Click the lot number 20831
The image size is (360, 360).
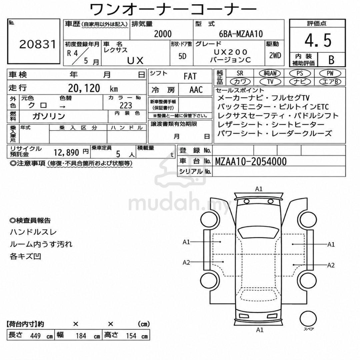point(38,44)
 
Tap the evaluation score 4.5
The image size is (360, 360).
point(318,40)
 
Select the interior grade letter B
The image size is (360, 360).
point(331,60)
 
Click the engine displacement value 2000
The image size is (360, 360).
point(163,34)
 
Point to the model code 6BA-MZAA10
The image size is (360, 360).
point(241,34)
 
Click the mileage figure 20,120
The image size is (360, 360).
point(84,88)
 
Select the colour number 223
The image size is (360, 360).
point(126,105)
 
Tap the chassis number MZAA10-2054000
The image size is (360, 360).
point(251,161)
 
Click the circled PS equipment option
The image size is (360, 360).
point(300,73)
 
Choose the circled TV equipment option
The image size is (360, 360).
point(270,82)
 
